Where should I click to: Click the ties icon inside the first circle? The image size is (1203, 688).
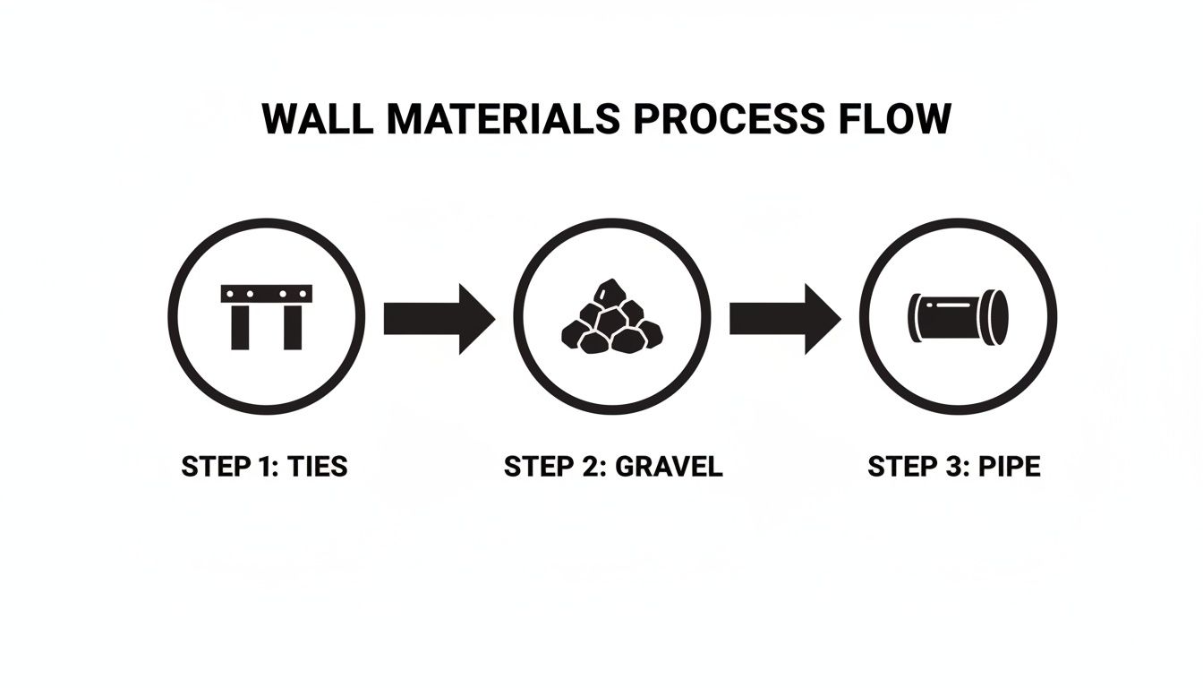[x=267, y=316]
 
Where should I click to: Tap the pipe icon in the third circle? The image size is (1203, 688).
[x=959, y=317]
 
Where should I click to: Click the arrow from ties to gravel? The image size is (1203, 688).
[x=439, y=318]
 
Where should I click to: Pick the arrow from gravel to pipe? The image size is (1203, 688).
[x=785, y=318]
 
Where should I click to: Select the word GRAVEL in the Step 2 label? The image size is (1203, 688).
[x=667, y=467]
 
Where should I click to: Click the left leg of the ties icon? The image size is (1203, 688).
[x=241, y=327]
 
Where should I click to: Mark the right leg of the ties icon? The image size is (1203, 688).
[x=293, y=327]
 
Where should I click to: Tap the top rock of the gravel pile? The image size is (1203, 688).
[x=611, y=292]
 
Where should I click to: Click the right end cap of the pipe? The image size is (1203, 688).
[x=998, y=317]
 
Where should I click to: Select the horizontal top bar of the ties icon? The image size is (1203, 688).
[x=267, y=293]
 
